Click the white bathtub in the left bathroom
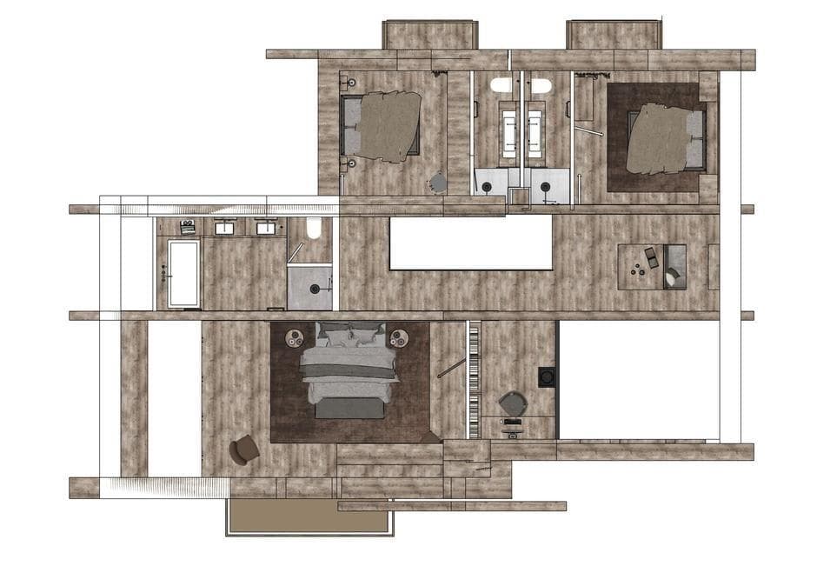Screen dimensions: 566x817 pyautogui.click(x=183, y=273)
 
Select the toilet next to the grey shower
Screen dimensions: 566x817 pyautogui.click(x=314, y=229)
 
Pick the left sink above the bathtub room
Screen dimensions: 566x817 pyautogui.click(x=224, y=228)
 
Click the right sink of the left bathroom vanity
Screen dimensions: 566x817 pyautogui.click(x=265, y=228)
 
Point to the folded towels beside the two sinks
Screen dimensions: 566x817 pyautogui.click(x=187, y=228)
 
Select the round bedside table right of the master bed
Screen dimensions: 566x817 pyautogui.click(x=399, y=337)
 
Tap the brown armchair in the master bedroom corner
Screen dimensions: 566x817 pyautogui.click(x=244, y=449)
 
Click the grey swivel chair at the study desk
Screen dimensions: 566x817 pyautogui.click(x=512, y=404)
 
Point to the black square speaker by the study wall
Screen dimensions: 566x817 pyautogui.click(x=547, y=376)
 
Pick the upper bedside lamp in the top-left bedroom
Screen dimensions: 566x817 pyautogui.click(x=351, y=83)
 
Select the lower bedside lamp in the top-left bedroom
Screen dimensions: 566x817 pyautogui.click(x=351, y=163)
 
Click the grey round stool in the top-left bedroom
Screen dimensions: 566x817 pyautogui.click(x=439, y=183)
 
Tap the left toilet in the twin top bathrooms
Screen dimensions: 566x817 pyautogui.click(x=501, y=85)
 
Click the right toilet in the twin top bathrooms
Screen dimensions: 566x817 pyautogui.click(x=541, y=85)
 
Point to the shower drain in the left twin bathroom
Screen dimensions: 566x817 pyautogui.click(x=489, y=185)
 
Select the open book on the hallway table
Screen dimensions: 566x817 pyautogui.click(x=650, y=256)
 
